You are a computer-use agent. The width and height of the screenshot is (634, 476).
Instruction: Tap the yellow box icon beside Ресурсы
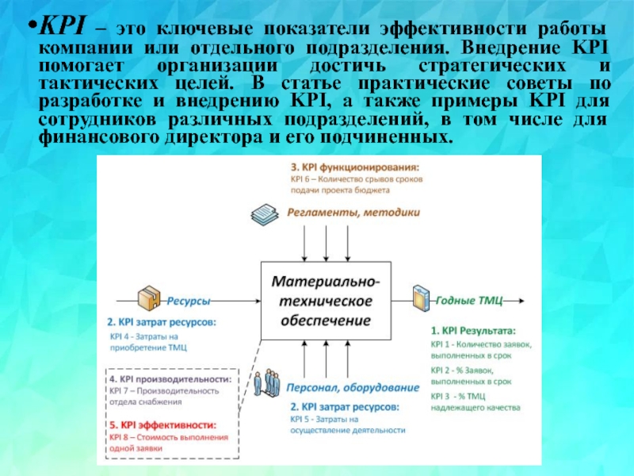[x=148, y=298]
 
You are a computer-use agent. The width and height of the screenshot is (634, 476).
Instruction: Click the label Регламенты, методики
[x=342, y=213]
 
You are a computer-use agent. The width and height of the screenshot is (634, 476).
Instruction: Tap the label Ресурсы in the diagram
[x=189, y=301]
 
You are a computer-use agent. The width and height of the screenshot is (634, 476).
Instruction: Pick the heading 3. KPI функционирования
[x=354, y=167]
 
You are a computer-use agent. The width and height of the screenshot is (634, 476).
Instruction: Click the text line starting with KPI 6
[x=356, y=180]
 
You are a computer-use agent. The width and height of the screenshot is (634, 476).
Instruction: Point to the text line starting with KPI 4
[x=154, y=336]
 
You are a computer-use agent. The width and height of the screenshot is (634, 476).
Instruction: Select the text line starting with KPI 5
[x=324, y=418]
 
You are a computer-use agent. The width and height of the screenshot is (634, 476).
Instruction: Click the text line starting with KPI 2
[x=471, y=370]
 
